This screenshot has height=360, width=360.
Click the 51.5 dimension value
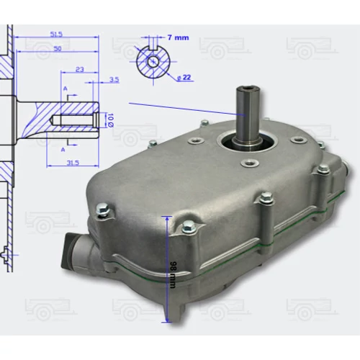[56, 35]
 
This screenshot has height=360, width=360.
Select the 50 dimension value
[58, 48]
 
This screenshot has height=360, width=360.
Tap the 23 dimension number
[80, 69]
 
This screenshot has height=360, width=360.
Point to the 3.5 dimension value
[114, 80]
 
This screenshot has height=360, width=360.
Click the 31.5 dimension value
[73, 163]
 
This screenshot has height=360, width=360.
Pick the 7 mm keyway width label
[178, 37]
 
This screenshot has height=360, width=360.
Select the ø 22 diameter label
[184, 77]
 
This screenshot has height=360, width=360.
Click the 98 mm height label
[173, 274]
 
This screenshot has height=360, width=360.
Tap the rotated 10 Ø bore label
[110, 120]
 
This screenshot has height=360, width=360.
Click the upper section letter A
[66, 89]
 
